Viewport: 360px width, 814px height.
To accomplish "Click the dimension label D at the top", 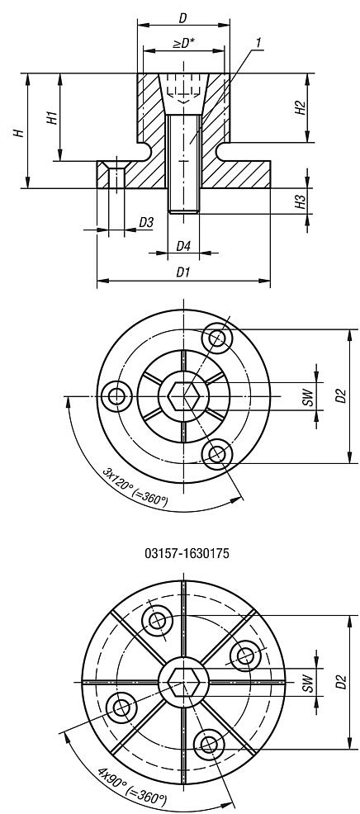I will click(x=182, y=17).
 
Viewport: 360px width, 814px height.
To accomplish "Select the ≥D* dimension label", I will click(x=182, y=43).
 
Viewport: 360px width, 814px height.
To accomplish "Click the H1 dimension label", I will click(x=50, y=116).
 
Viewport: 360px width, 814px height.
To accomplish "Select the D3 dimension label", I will click(x=145, y=222).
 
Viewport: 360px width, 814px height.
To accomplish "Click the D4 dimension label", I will click(x=183, y=246).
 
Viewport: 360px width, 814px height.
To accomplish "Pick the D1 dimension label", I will click(x=183, y=272).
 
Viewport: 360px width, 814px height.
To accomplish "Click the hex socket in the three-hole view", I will click(x=182, y=396).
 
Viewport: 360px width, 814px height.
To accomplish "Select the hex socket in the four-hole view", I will click(x=182, y=682).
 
